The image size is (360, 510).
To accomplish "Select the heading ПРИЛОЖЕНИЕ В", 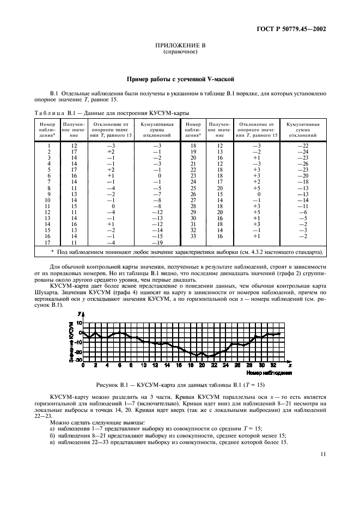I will point(180,47).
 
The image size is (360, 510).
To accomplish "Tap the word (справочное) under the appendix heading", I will point(180,53).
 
